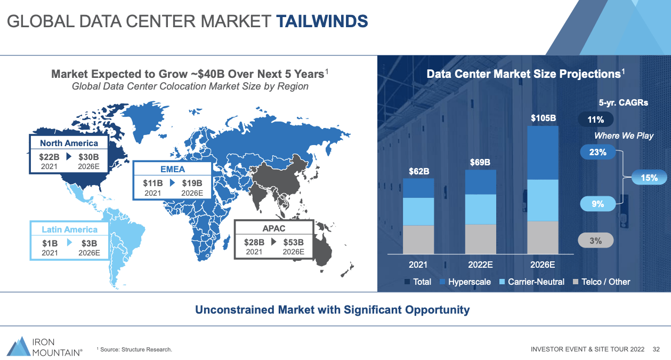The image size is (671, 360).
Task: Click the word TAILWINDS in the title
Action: point(322,21)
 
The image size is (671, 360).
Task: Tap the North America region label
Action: point(69,143)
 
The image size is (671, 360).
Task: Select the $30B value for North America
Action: point(88,157)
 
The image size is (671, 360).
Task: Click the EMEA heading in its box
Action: point(173,170)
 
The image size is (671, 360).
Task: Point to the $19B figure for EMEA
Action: point(192,183)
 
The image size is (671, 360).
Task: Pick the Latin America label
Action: point(69,230)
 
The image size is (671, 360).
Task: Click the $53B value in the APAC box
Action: point(294,242)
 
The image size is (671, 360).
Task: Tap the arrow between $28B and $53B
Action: point(273,242)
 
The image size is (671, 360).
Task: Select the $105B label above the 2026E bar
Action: point(544,118)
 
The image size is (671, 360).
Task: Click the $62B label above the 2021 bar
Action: point(419,171)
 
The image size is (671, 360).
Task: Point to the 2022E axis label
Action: point(481,265)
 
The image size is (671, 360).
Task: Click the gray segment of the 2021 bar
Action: point(418,239)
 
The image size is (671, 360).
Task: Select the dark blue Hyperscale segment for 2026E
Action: point(543,153)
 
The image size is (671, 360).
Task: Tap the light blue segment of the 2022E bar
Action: point(481,209)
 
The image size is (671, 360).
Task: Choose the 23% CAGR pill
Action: point(597,153)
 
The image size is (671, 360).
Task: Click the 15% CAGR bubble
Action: point(649,178)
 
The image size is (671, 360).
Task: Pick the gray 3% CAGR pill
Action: point(595,241)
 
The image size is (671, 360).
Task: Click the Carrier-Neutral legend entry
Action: point(532,282)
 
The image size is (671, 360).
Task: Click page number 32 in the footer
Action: point(656,349)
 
